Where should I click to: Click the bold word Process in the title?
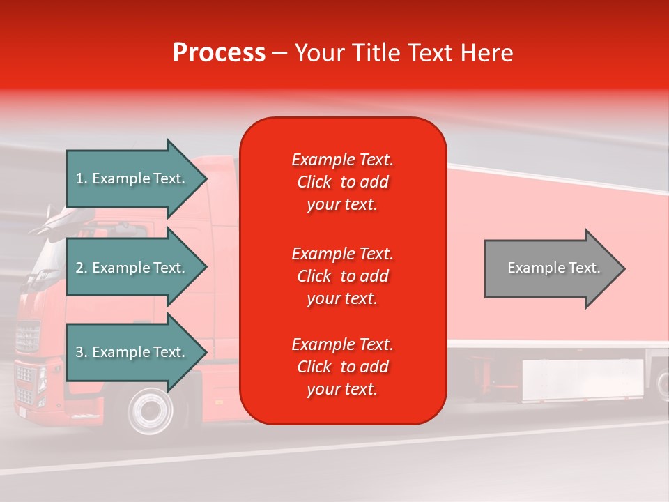(219, 53)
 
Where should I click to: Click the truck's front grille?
(27, 338)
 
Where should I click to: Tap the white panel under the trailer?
(583, 380)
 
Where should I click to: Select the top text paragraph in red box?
(342, 182)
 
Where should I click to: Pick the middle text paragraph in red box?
(342, 276)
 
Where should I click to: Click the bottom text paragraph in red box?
(342, 367)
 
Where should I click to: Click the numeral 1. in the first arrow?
(82, 178)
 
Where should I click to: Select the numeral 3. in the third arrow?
(82, 352)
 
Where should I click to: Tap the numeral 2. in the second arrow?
(82, 268)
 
